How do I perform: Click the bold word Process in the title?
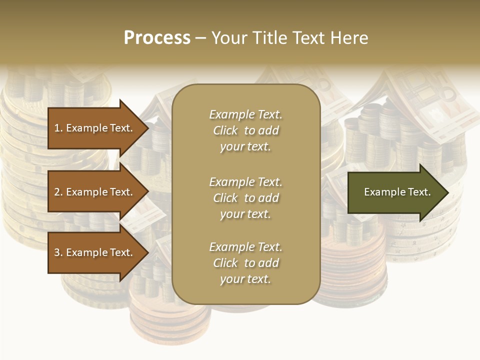(157, 38)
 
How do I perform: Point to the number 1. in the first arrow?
(58, 128)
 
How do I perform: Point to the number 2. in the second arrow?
(58, 192)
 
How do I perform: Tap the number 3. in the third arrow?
(58, 252)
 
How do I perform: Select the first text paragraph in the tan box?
(245, 130)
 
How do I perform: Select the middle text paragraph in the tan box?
(245, 197)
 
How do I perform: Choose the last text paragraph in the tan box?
(245, 263)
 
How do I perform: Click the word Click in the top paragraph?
(225, 130)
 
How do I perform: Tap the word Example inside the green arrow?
(381, 192)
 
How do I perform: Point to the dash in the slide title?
(200, 38)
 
